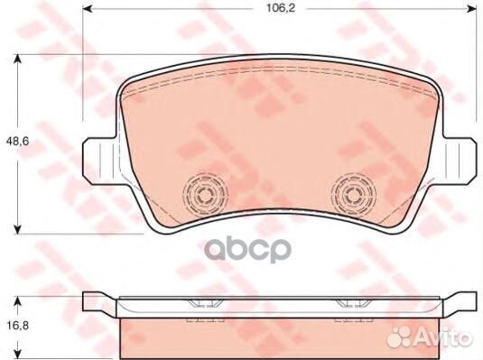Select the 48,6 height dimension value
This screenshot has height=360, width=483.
[x=15, y=142]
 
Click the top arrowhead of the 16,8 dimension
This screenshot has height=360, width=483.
[x=18, y=299]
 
